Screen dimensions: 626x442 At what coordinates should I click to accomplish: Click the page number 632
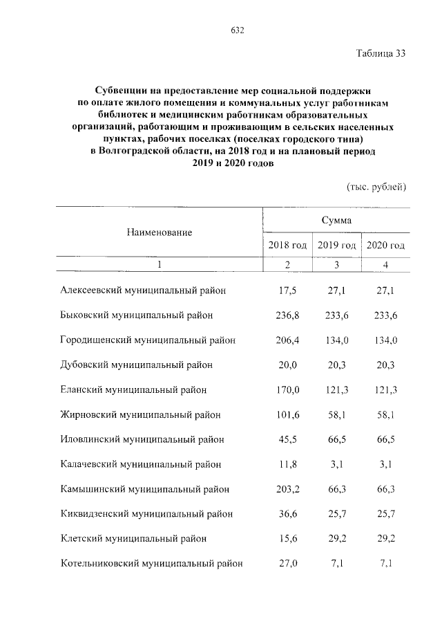pos(237,30)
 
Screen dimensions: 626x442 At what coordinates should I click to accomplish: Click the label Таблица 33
pos(381,55)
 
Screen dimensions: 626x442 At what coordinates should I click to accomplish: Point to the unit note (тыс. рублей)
pos(376,187)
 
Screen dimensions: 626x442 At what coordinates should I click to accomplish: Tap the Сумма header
pos(336,220)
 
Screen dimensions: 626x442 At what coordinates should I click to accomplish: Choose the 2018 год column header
pos(287,245)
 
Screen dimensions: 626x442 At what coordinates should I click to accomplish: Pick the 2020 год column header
pos(385,245)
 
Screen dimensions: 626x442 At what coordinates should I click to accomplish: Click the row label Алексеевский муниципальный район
pos(143,291)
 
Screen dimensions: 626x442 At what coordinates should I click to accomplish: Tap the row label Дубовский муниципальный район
pos(136,365)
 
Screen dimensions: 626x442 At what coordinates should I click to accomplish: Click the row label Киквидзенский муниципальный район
pos(146,514)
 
